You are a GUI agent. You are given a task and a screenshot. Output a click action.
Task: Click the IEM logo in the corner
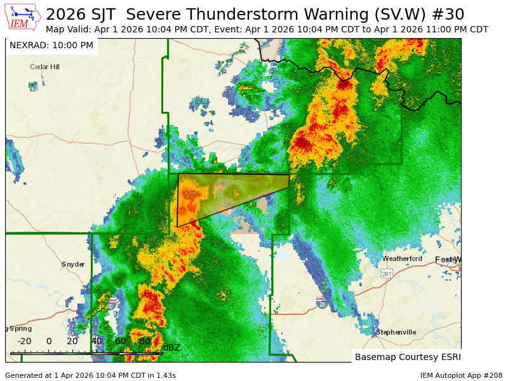[x=23, y=17]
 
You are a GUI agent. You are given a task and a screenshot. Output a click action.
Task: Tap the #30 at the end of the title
[x=450, y=14]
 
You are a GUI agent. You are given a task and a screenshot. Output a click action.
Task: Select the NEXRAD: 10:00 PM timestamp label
[x=51, y=46]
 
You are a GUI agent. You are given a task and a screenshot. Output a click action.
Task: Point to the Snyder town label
[x=73, y=264]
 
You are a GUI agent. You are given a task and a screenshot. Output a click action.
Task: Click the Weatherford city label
[x=402, y=258]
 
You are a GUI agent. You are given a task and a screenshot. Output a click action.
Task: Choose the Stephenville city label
[x=396, y=332]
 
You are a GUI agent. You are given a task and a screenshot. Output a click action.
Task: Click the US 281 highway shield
[x=387, y=274]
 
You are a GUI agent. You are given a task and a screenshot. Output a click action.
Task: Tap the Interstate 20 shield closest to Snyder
[x=112, y=305]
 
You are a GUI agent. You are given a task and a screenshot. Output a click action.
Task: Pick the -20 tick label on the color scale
[x=24, y=341]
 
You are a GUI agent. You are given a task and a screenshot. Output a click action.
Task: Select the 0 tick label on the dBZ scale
[x=49, y=341]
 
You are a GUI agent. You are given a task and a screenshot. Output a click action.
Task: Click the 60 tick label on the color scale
[x=121, y=341]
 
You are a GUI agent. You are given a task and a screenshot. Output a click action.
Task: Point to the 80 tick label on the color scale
[x=145, y=341]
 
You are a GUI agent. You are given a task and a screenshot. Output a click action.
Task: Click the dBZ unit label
[x=171, y=347]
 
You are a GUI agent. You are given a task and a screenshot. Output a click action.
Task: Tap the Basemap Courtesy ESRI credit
[x=407, y=357]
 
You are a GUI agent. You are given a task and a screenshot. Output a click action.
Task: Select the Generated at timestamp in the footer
[x=90, y=375]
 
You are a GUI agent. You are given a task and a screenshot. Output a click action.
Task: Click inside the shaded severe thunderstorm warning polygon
[x=216, y=194]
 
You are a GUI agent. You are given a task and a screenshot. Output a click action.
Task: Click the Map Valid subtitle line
[x=267, y=30]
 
